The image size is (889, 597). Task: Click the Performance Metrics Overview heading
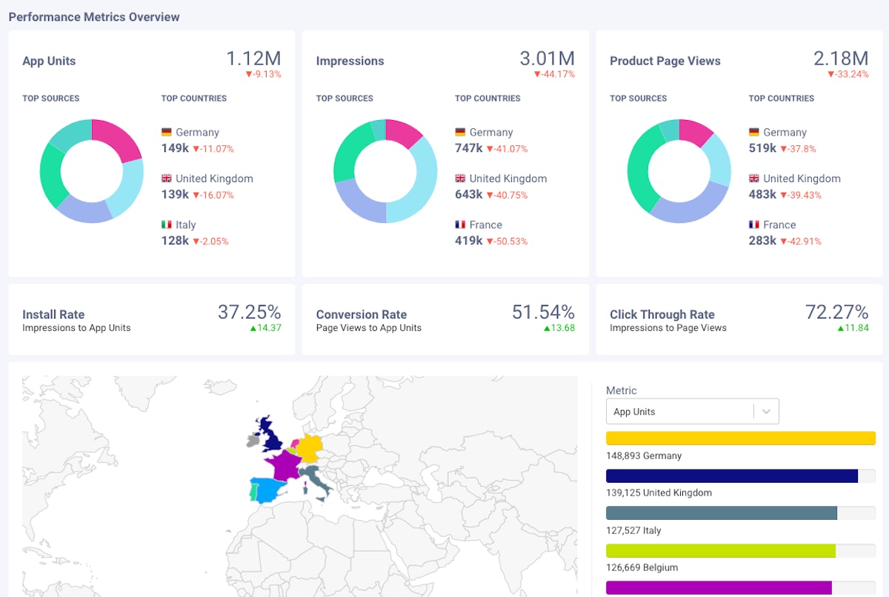(94, 16)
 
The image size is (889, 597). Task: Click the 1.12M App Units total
(253, 59)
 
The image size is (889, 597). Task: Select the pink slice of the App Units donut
(119, 138)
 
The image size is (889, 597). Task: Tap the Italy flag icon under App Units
(167, 224)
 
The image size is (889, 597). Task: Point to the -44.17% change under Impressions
(554, 75)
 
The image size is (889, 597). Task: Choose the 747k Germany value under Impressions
(469, 148)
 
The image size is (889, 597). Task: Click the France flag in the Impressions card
(460, 224)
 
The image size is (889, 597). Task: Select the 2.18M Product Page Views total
(840, 59)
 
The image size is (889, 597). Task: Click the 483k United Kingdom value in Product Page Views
(762, 195)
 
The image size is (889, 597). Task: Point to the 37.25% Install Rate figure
(249, 312)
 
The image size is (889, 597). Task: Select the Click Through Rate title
(662, 314)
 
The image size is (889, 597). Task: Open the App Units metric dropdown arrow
(767, 412)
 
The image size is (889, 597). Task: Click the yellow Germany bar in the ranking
(740, 438)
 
